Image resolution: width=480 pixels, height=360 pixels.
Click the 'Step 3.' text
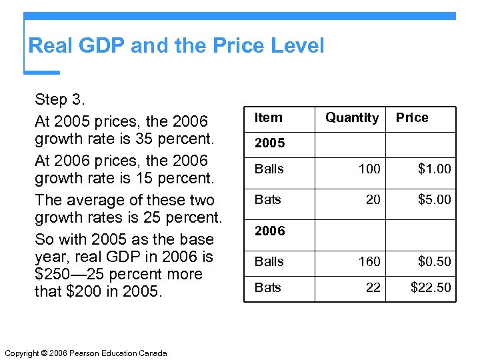(x=60, y=100)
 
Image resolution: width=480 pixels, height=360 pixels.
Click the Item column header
(x=269, y=118)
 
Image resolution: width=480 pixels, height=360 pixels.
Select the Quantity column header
(x=352, y=118)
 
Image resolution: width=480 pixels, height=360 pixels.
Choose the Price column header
(x=412, y=118)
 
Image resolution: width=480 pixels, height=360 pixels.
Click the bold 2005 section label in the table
(x=269, y=143)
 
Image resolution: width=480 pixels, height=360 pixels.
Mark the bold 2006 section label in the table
(x=269, y=231)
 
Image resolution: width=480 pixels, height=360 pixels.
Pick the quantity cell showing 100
(x=369, y=169)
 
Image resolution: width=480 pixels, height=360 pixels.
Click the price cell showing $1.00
(x=434, y=169)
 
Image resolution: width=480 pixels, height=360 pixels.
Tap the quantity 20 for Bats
(x=373, y=199)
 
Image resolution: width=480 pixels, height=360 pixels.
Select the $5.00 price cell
(x=434, y=199)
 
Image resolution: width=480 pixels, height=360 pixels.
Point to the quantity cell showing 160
(x=369, y=262)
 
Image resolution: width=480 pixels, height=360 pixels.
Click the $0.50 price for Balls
(x=434, y=262)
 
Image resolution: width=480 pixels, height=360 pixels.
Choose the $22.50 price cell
(x=431, y=288)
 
